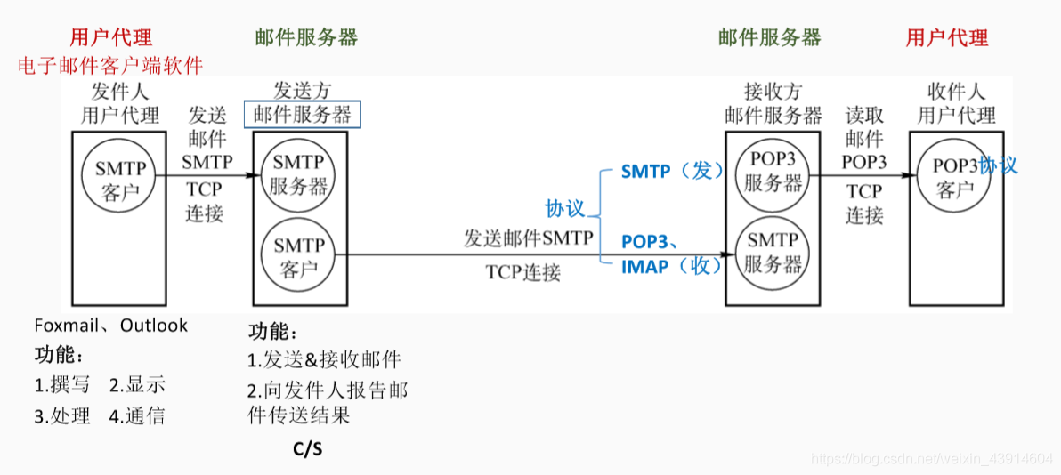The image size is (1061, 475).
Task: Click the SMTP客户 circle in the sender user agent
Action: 119,178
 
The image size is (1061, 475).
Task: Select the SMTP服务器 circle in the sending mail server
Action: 299,174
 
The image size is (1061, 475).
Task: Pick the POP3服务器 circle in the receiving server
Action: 773,172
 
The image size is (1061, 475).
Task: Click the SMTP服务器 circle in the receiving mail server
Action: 773,252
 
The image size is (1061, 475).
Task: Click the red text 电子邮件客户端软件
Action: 111,65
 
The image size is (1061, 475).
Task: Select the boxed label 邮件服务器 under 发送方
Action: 303,114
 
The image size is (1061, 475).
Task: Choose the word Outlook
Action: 154,326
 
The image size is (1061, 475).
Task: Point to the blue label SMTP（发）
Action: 673,171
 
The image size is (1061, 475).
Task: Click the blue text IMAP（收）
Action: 671,266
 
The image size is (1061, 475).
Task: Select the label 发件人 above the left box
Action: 120,92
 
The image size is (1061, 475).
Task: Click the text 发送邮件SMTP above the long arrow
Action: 528,237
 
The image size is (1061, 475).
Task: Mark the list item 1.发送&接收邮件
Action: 324,360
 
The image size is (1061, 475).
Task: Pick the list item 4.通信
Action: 138,416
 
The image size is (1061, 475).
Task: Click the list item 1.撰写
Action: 62,386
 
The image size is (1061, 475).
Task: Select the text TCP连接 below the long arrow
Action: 523,272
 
